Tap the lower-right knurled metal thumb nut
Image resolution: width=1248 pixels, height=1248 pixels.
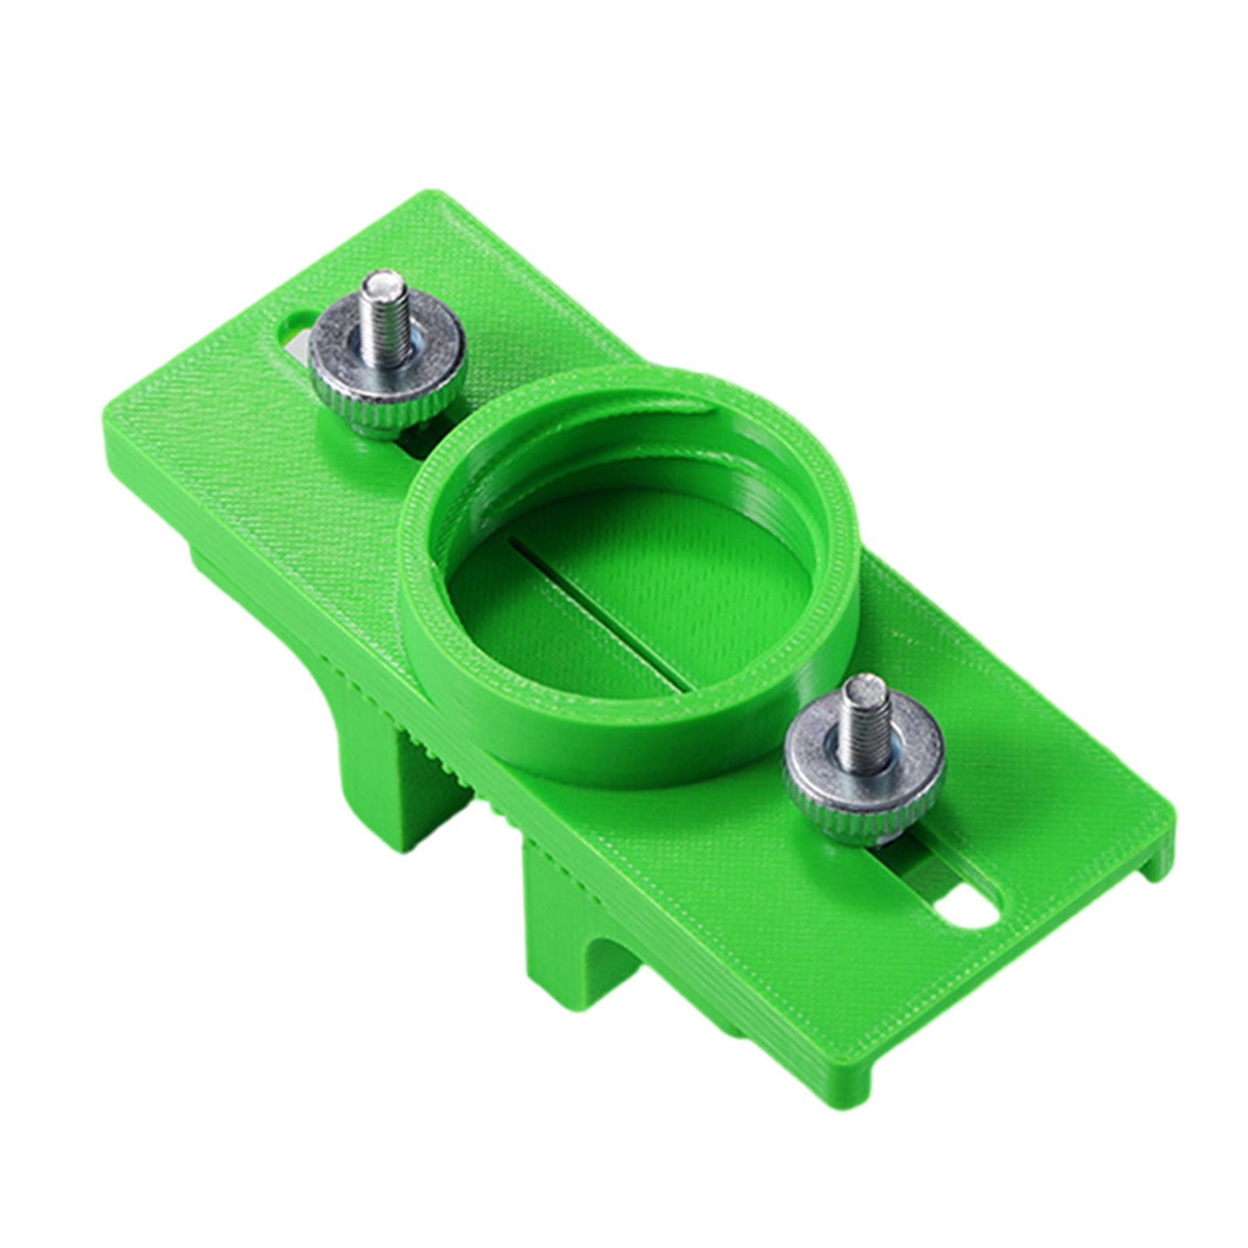coord(863,761)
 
